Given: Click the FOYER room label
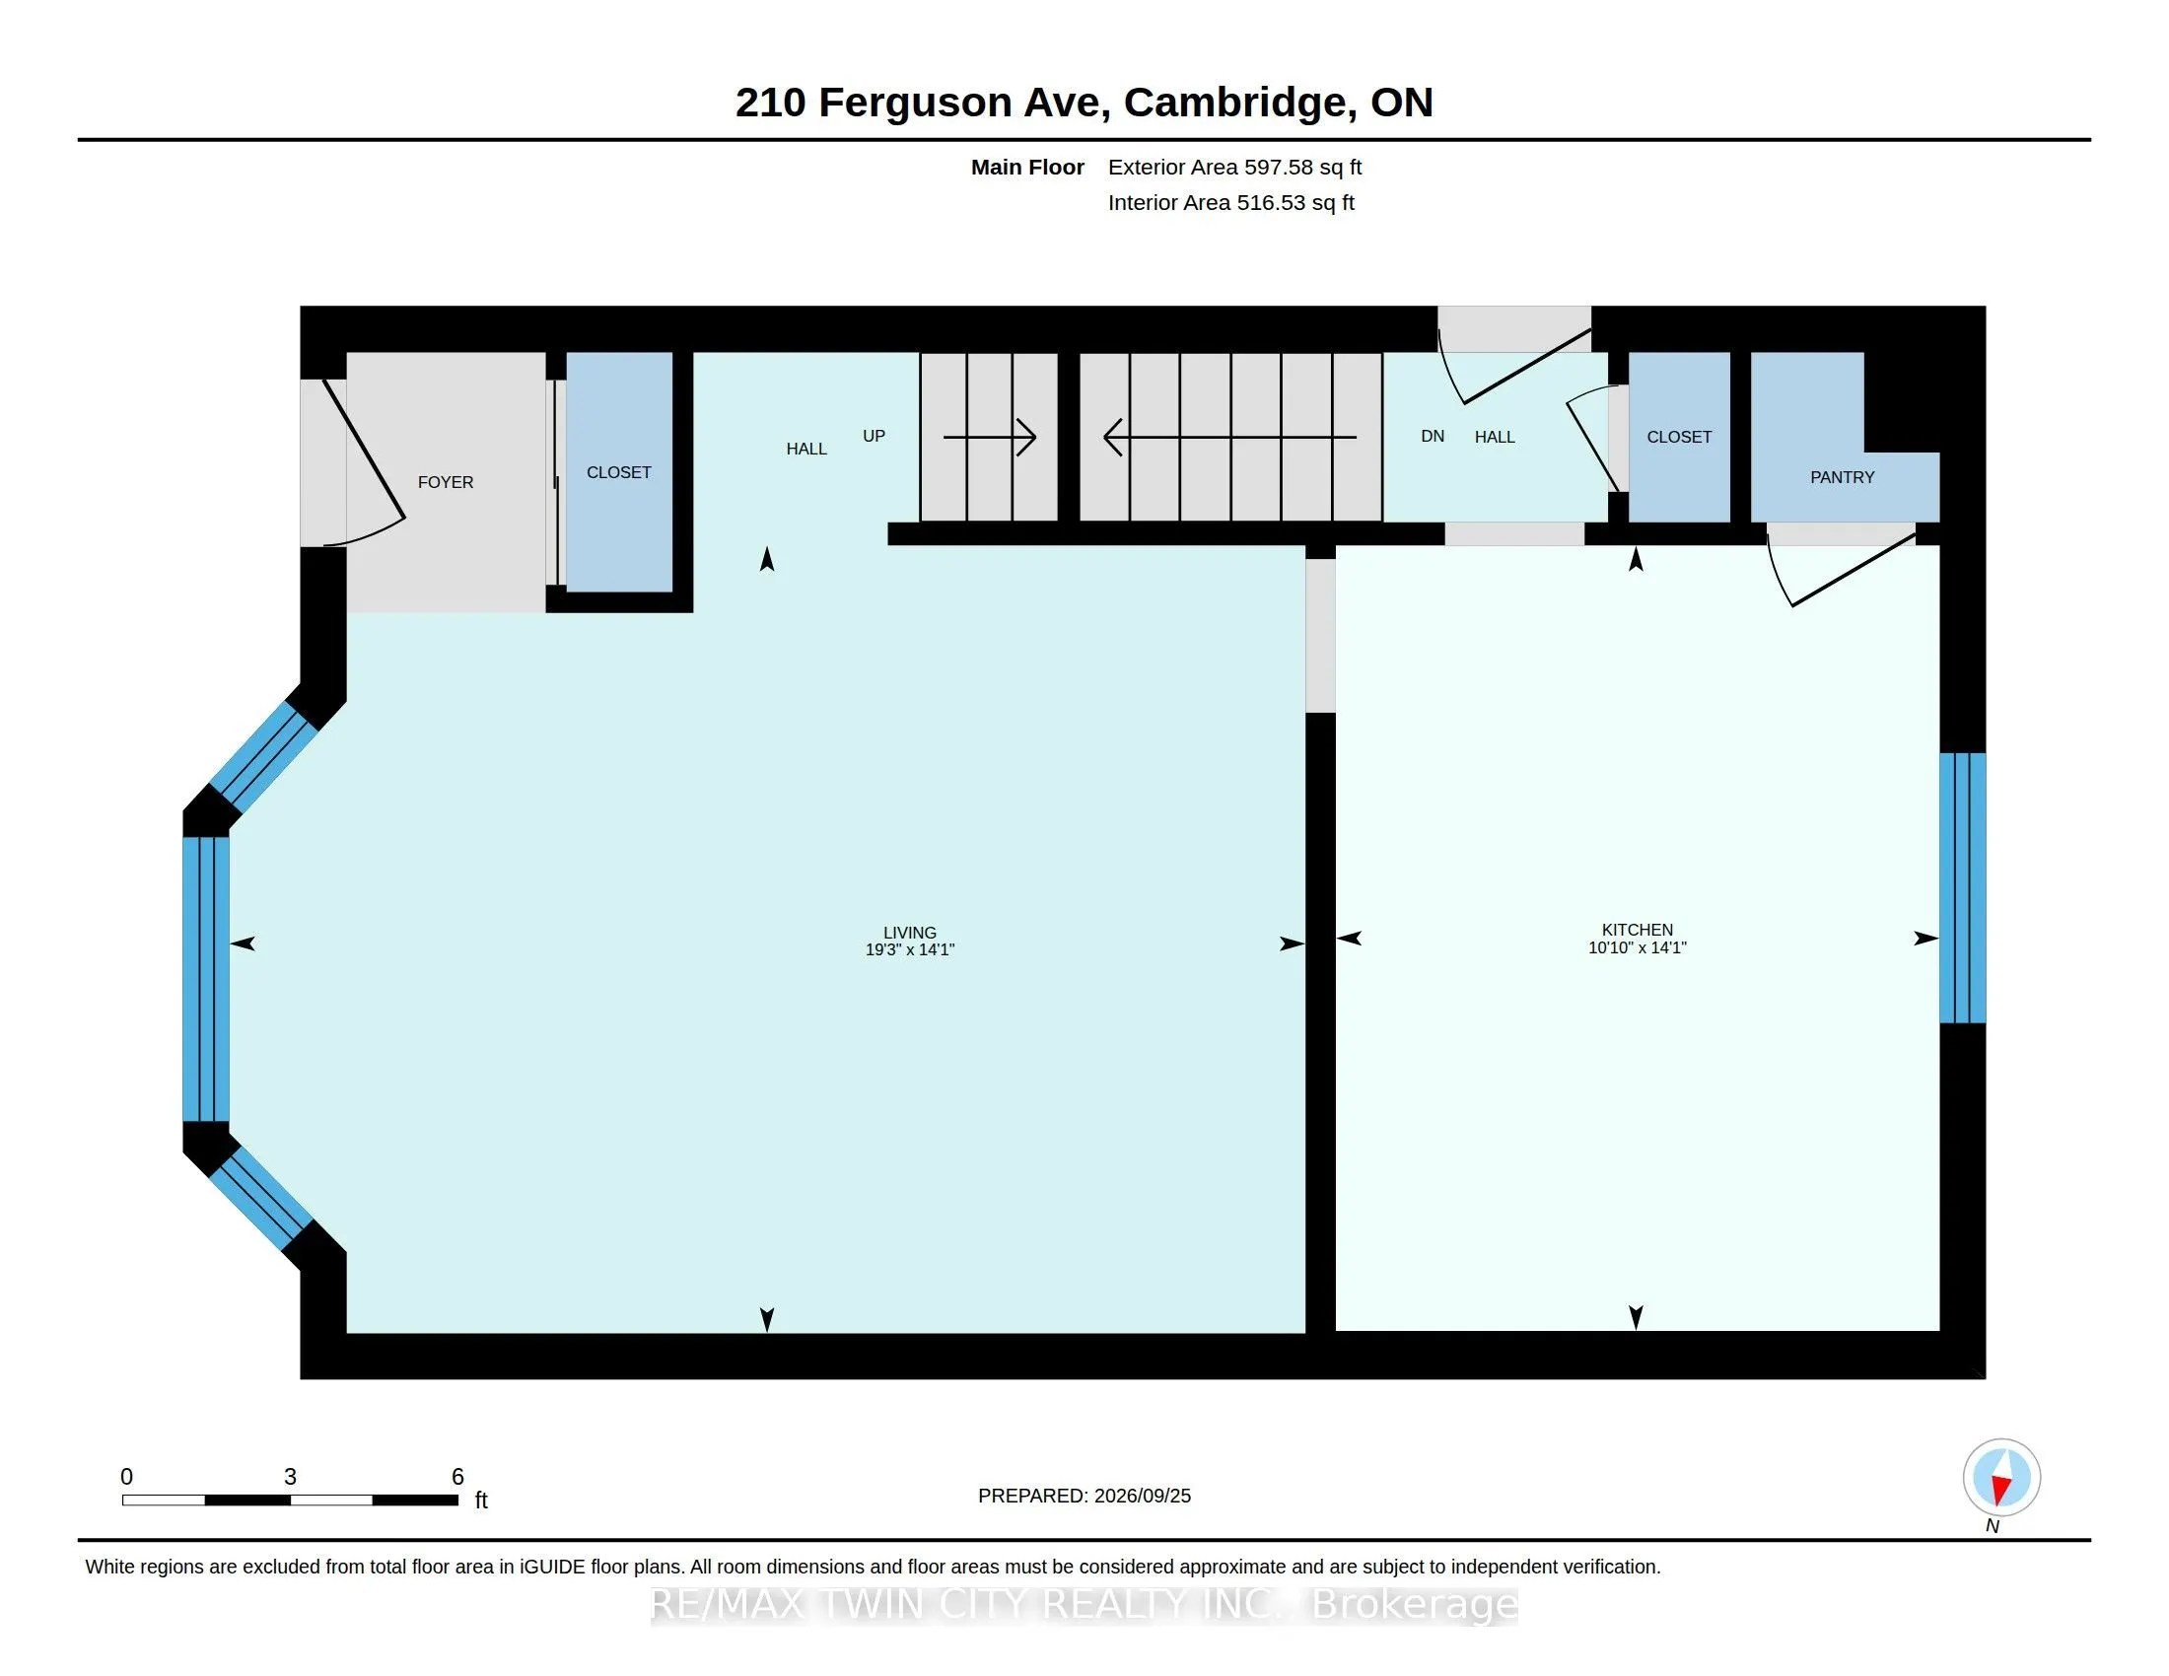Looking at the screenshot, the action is point(445,482).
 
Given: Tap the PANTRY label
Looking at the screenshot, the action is point(1843,477).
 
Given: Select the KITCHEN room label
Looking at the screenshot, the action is point(1638,931).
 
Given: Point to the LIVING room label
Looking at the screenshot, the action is point(910,934).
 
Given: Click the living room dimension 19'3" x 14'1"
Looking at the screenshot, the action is point(910,950).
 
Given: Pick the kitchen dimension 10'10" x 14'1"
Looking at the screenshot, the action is point(1638,948).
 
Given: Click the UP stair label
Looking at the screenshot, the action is point(874,436).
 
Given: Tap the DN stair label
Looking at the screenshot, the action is point(1433,436).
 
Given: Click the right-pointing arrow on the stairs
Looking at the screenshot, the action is point(989,437).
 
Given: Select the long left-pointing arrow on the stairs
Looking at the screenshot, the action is point(1230,437).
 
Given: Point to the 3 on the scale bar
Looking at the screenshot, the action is point(290,1477).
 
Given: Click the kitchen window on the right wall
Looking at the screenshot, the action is point(1962,887).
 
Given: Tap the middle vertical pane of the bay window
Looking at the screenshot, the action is point(207,980).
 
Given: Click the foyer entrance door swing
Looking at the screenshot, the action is point(364,462).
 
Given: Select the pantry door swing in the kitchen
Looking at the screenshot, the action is point(1841,570).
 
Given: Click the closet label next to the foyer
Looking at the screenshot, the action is point(619,472).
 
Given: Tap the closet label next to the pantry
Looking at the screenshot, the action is point(1679,437).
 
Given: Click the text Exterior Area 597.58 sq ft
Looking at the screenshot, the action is point(1234,168).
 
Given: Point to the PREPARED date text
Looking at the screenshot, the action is point(1084,1497).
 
